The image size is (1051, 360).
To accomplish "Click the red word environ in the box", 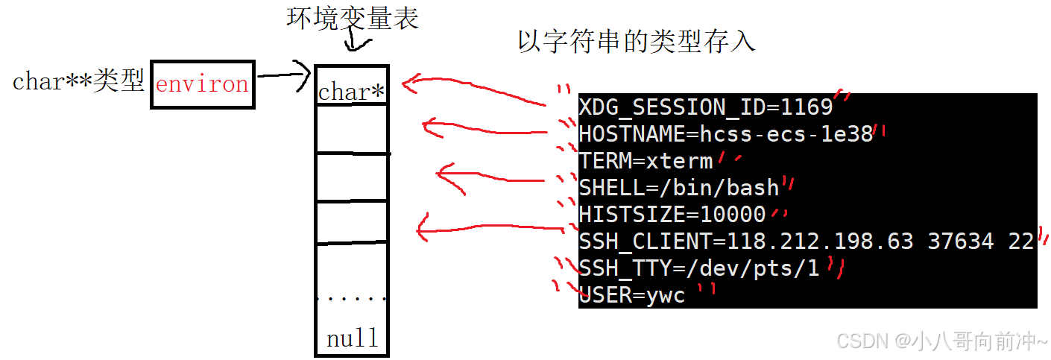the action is pos(202,84).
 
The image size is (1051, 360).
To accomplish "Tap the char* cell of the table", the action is pos(351,92).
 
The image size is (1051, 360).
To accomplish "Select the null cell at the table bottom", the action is pos(352,339).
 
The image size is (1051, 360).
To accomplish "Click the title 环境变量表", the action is pos(353,19).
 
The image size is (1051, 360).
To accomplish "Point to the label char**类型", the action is pos(78,82).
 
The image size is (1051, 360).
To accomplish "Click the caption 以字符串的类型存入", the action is pos(636,42).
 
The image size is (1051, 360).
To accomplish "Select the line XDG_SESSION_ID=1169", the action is pos(705,107).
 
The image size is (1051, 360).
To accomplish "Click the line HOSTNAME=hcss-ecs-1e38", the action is pos(725,134).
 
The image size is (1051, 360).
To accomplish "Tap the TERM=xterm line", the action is pos(646,160).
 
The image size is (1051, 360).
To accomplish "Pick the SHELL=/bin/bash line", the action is pos(678,187).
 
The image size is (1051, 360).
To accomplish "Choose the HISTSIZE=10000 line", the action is pos(672,215).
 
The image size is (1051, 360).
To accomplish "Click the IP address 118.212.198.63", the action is pos(822,241).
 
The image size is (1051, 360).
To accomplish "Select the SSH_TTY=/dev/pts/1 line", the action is pos(698,268).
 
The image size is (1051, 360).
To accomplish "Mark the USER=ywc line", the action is pos(631,295).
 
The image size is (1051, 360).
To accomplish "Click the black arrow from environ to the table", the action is pos(283,74).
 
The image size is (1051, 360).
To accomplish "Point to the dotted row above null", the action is pos(352,298).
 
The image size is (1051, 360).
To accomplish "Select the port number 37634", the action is pos(960,241).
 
